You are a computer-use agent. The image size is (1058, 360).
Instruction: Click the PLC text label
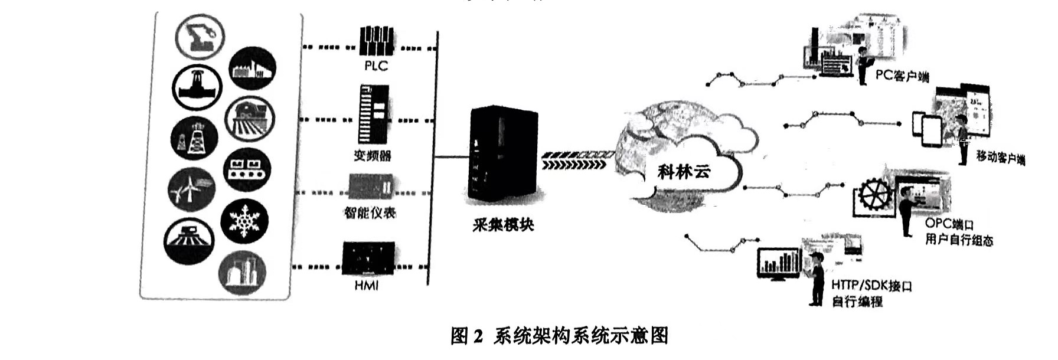376,66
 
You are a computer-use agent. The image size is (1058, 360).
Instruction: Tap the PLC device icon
377,41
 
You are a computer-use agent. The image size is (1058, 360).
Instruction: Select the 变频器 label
373,156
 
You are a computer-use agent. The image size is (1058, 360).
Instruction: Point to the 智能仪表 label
370,213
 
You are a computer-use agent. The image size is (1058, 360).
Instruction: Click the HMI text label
367,286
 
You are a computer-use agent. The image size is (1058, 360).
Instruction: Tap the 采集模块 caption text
503,225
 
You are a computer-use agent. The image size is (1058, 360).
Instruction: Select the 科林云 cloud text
684,172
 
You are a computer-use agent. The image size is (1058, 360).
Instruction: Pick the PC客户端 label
902,76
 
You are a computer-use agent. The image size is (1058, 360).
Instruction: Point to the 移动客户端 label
1000,158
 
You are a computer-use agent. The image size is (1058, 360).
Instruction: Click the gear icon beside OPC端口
874,196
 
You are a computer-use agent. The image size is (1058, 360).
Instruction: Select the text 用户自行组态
959,240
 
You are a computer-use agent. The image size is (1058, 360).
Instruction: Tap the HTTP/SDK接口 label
871,286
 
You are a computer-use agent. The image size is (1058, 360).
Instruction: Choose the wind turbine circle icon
191,189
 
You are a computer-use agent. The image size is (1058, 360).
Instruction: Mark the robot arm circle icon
200,36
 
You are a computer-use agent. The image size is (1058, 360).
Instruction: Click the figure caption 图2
466,336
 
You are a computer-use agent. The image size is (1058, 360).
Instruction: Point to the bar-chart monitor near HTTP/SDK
779,263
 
